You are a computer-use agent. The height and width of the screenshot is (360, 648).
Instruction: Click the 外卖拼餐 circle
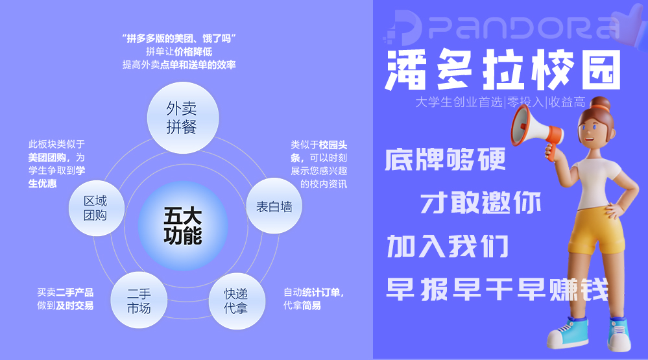coord(181,117)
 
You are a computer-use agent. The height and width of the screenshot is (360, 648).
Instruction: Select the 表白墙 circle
coord(274,207)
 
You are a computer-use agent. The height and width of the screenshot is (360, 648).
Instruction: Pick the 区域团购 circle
coord(95,208)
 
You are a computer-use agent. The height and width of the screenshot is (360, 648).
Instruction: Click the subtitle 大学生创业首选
coord(459,102)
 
